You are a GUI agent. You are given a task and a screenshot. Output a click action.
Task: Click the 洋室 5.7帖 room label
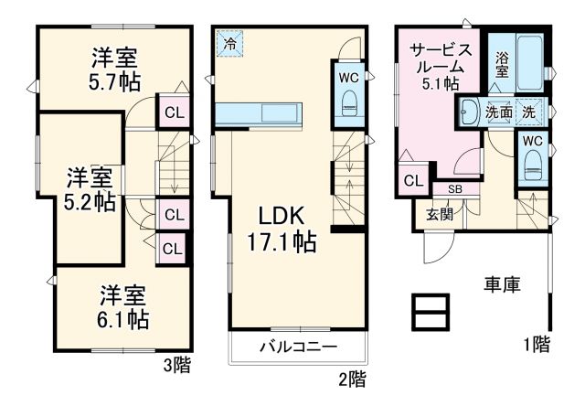click(114, 69)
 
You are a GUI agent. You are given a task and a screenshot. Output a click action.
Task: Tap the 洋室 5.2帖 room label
click(90, 188)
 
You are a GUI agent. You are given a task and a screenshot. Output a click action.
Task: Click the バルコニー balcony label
click(297, 347)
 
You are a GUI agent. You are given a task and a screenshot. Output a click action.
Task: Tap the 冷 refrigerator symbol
click(229, 42)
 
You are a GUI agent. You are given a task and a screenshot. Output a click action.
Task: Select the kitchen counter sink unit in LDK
click(264, 115)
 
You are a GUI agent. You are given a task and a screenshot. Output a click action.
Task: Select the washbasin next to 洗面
click(469, 111)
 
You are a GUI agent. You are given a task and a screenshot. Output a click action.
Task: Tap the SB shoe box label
click(454, 188)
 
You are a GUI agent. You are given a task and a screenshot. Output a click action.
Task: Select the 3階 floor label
click(176, 366)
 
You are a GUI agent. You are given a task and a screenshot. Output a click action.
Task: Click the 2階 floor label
click(353, 377)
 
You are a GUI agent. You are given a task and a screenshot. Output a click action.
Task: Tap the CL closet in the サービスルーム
click(412, 180)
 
